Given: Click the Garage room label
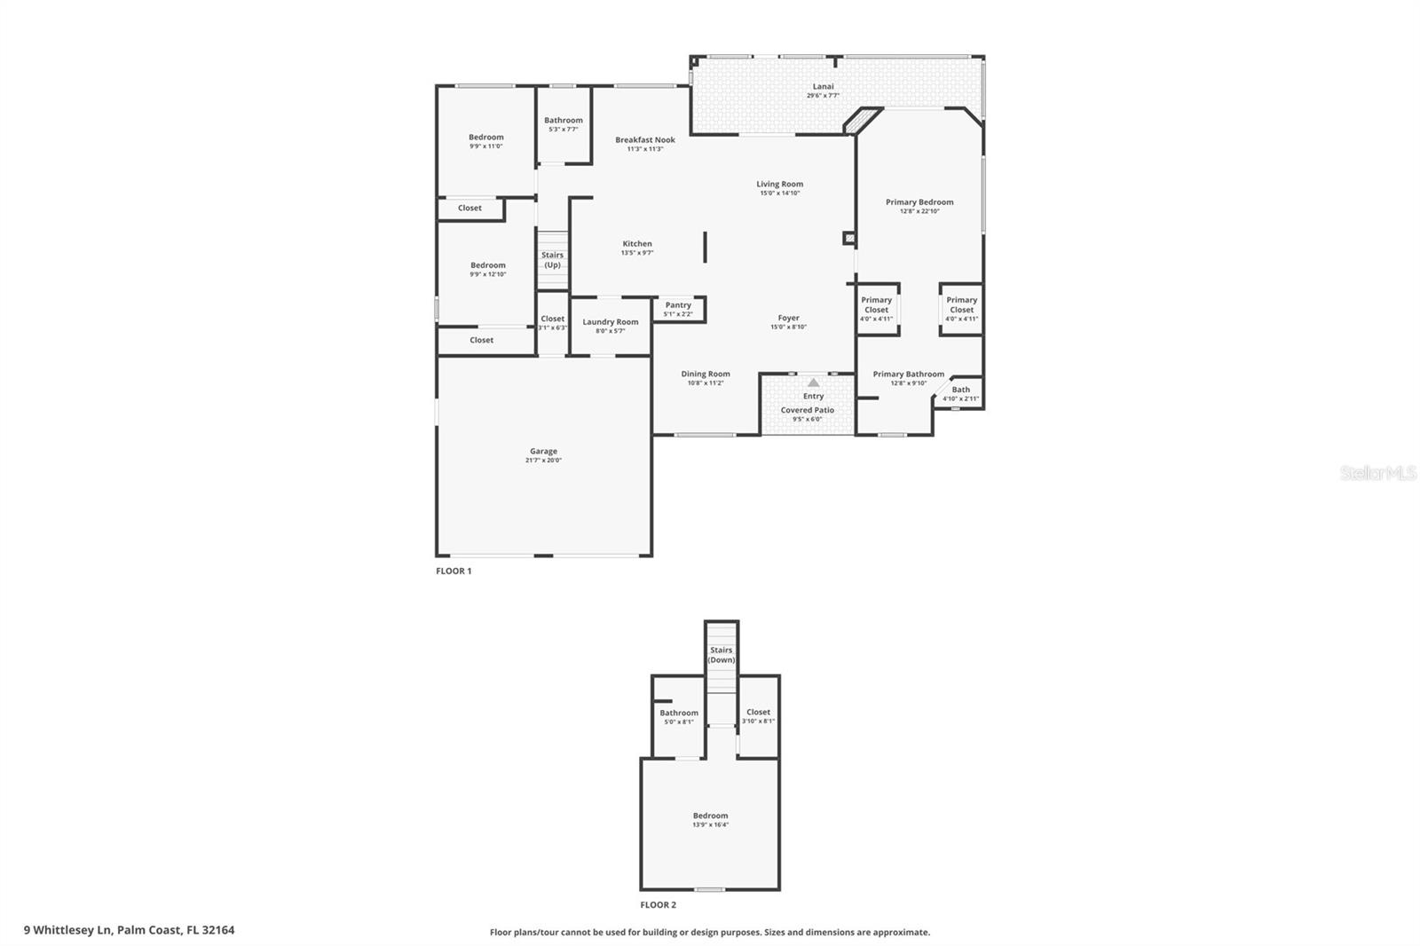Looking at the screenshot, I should [543, 451].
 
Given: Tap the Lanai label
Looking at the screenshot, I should [823, 86].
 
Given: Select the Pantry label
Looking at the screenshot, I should [678, 304].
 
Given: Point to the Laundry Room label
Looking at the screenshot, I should [611, 322].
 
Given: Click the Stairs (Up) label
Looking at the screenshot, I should [552, 260].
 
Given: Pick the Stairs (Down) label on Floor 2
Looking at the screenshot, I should [722, 655].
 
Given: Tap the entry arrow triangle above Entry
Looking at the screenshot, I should [814, 382].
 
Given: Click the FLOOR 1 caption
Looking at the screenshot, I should [454, 571].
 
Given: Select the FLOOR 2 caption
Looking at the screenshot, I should [659, 905].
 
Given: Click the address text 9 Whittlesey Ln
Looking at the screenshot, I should [129, 930].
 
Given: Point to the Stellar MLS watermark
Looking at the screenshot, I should [1378, 474].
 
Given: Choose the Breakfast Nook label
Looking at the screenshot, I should [645, 139].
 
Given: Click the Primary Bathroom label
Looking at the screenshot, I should [908, 374].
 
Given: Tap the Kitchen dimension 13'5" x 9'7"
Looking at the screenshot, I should [637, 253].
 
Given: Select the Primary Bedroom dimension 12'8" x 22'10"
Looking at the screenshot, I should [919, 211].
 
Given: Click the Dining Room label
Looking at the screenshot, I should [706, 374].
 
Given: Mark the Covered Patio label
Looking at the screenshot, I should [808, 410].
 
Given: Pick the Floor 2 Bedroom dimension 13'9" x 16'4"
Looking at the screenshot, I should [710, 824].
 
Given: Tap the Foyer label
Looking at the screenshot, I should [788, 318].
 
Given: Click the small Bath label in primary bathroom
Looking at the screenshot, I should [961, 390].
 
